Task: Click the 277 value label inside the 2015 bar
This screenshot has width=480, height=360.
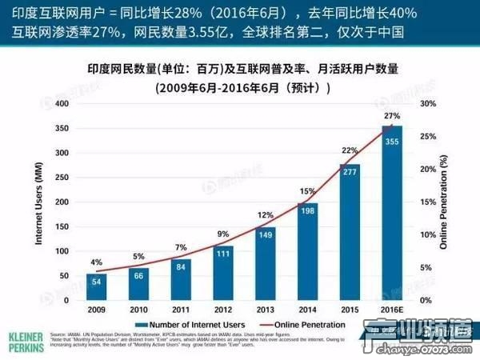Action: [348, 172]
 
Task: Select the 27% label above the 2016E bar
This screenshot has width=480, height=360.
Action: [392, 117]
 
